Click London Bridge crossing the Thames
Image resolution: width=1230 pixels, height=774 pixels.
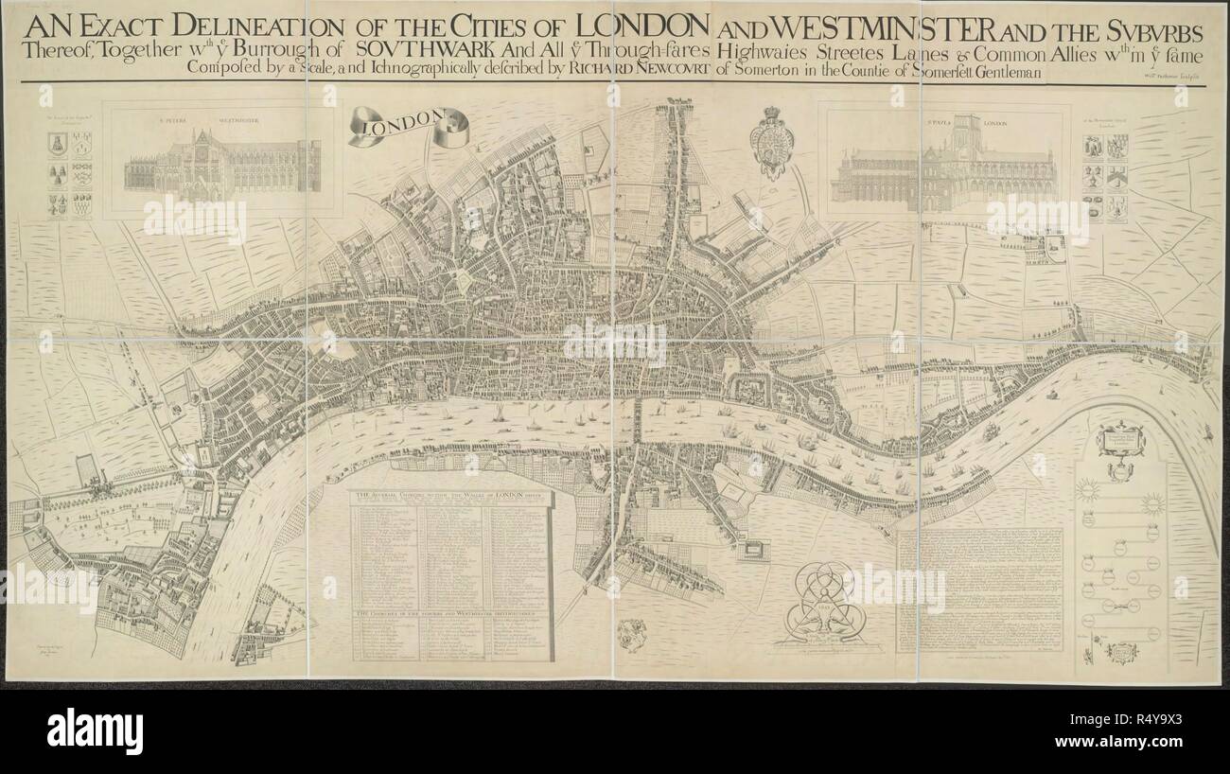[x=640, y=423]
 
